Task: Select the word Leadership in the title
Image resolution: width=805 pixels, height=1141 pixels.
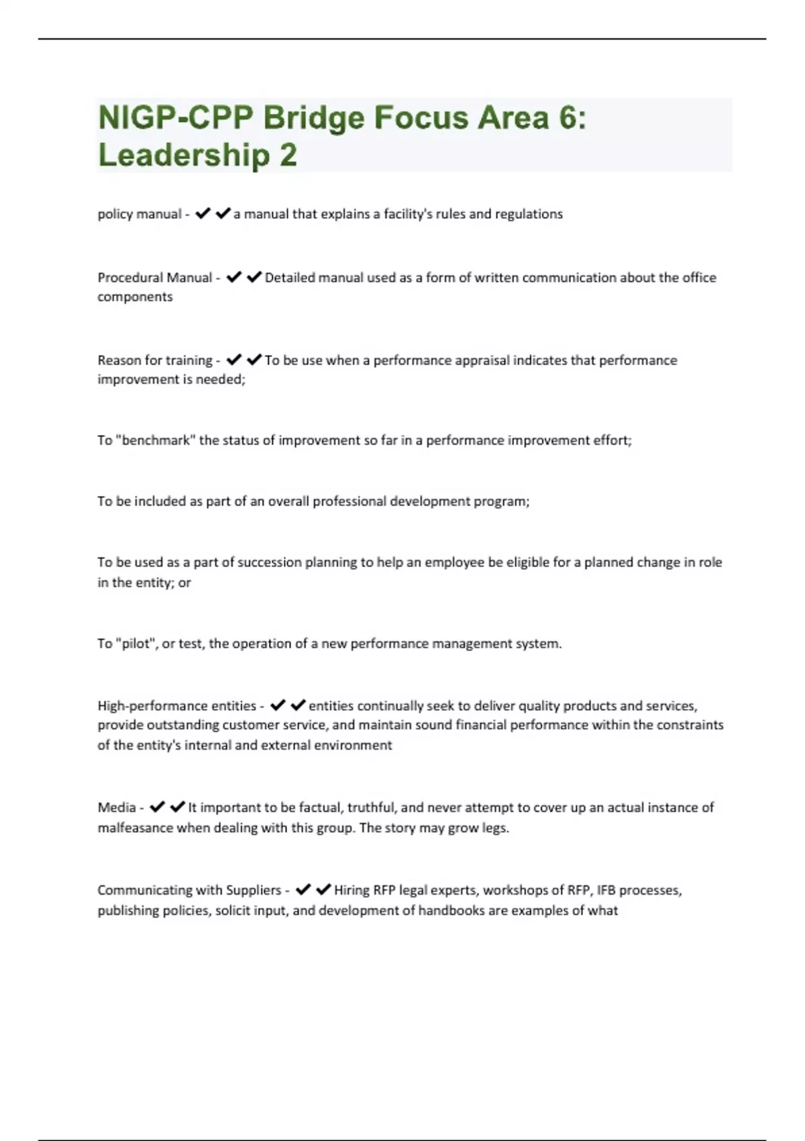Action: point(184,155)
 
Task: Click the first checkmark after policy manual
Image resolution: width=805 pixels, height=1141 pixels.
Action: point(203,213)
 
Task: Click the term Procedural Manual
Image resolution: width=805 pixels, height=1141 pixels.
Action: point(154,277)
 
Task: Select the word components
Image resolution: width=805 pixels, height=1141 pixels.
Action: point(135,297)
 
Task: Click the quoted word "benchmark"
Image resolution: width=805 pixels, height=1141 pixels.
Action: point(155,440)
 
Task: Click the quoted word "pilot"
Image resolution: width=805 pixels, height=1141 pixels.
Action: point(137,644)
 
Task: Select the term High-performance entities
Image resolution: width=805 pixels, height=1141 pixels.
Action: point(176,706)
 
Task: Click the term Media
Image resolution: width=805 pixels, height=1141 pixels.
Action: point(117,807)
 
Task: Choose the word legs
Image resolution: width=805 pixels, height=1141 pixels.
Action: point(496,828)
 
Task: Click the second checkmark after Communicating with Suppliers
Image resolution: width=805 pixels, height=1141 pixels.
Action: point(323,889)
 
